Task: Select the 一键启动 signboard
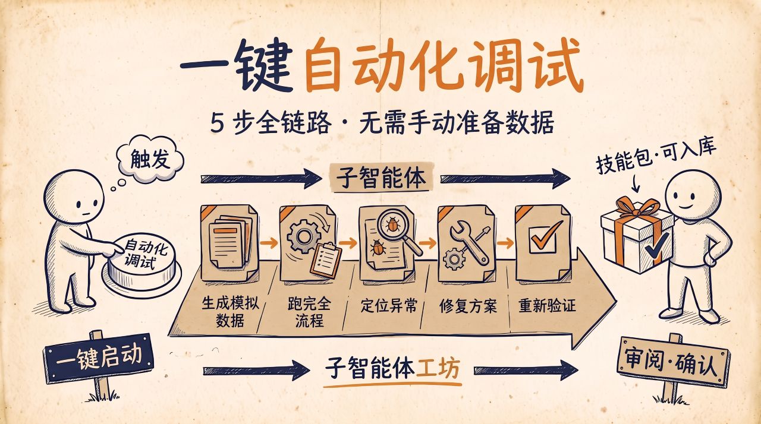click(99, 358)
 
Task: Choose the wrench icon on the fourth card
click(470, 242)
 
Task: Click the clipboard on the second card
click(326, 260)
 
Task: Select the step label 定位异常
click(389, 306)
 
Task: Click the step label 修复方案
click(468, 306)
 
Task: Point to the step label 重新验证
click(548, 305)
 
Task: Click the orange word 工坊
click(438, 369)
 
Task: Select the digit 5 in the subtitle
click(218, 123)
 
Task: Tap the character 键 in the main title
click(263, 65)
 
